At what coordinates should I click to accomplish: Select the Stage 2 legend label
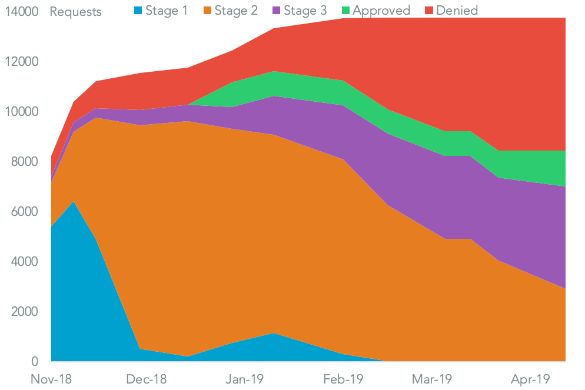(235, 11)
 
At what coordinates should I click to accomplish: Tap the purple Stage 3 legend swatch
(274, 11)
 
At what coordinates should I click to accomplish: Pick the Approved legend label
(381, 11)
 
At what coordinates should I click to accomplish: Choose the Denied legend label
(457, 11)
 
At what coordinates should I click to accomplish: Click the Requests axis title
(76, 12)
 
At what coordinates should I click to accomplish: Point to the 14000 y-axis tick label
(22, 12)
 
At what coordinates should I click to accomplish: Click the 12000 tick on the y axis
(22, 62)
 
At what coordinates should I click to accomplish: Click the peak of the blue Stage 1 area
(74, 202)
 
